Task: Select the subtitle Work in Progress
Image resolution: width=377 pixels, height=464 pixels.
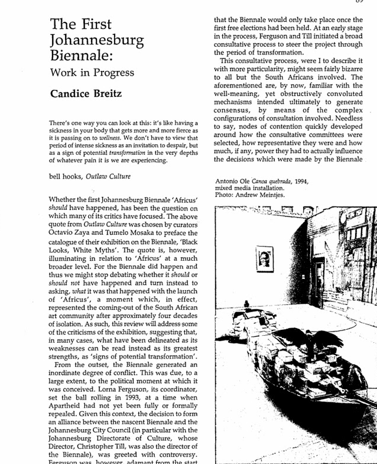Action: click(x=92, y=73)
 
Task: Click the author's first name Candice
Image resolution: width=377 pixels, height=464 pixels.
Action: click(x=74, y=94)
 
